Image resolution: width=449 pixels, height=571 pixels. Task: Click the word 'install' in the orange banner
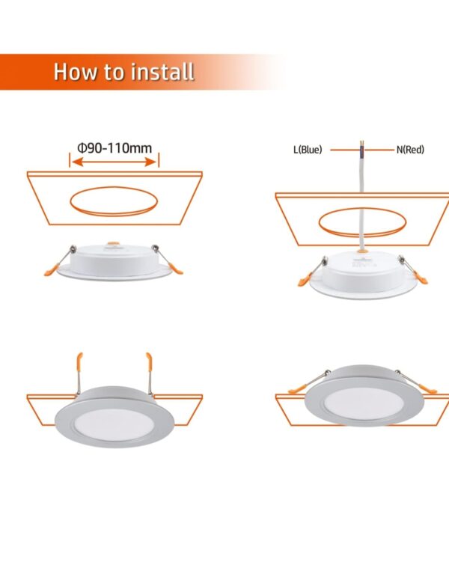pyautogui.click(x=162, y=72)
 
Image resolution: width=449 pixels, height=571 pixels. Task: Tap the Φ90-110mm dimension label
pyautogui.click(x=114, y=148)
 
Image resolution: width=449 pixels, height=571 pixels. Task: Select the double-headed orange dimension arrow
pyautogui.click(x=114, y=162)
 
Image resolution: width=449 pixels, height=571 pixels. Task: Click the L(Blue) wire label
pyautogui.click(x=308, y=150)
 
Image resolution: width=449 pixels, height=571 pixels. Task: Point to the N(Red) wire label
pyautogui.click(x=410, y=150)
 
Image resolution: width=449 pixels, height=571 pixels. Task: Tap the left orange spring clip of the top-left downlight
pyautogui.click(x=52, y=270)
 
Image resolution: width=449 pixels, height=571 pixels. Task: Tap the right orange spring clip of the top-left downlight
pyautogui.click(x=176, y=269)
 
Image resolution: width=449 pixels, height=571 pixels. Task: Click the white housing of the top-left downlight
pyautogui.click(x=114, y=260)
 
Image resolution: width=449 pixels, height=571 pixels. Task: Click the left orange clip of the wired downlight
pyautogui.click(x=305, y=280)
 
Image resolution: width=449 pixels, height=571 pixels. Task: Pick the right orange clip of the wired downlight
pyautogui.click(x=421, y=278)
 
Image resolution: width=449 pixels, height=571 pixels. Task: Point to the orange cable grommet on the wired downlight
pyautogui.click(x=362, y=251)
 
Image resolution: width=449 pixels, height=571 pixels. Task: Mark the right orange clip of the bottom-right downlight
pyautogui.click(x=428, y=388)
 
